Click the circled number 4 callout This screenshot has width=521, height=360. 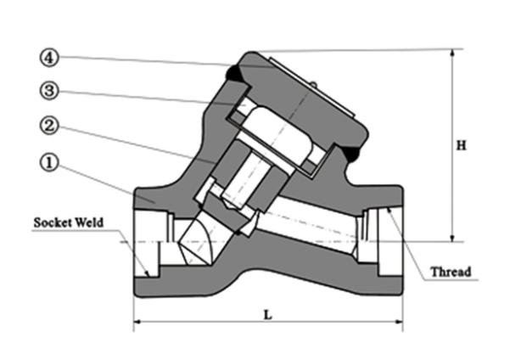pyautogui.click(x=49, y=59)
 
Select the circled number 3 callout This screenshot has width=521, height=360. pyautogui.click(x=49, y=90)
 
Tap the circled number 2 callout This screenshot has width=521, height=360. pyautogui.click(x=49, y=126)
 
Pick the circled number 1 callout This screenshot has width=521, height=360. pyautogui.click(x=49, y=162)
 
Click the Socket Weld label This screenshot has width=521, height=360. pyautogui.click(x=69, y=222)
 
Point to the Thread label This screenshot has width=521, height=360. pyautogui.click(x=451, y=272)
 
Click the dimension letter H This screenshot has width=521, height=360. pyautogui.click(x=462, y=145)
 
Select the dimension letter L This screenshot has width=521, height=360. pyautogui.click(x=268, y=315)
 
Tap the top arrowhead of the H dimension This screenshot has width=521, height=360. pyautogui.click(x=452, y=53)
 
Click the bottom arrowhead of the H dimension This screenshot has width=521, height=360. pyautogui.click(x=452, y=238)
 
